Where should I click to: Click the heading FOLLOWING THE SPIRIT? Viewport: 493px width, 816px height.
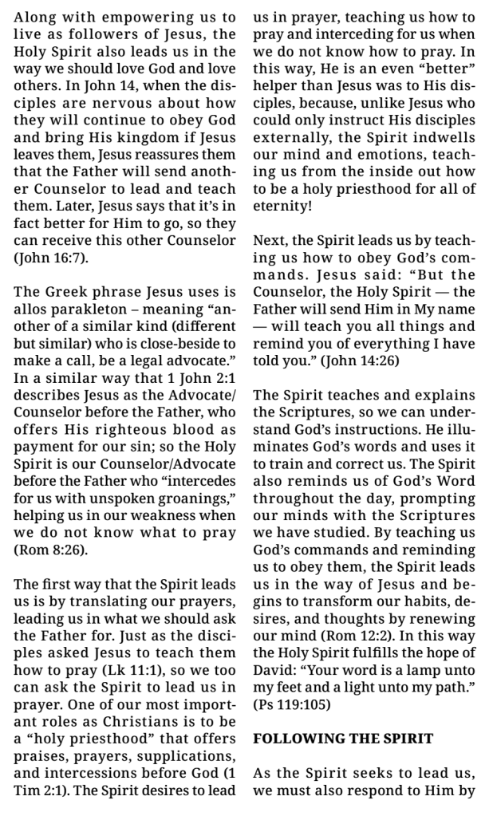tap(343, 739)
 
